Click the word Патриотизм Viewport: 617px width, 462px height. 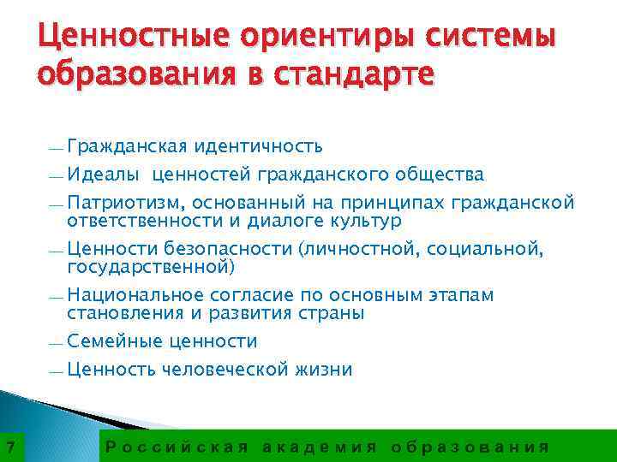(126, 204)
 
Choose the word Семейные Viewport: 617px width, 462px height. (115, 341)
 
